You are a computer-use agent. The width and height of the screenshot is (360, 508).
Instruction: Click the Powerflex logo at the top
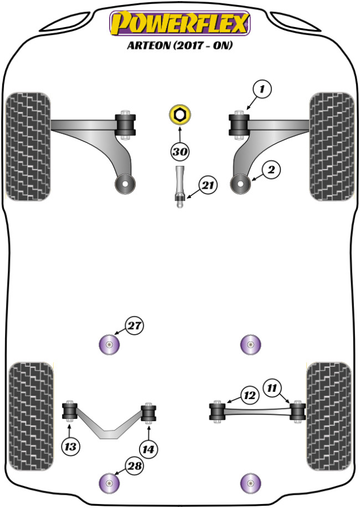click(180, 24)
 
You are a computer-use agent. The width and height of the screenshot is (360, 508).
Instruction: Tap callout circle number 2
click(271, 171)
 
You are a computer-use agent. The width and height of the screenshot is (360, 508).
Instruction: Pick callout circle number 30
click(179, 151)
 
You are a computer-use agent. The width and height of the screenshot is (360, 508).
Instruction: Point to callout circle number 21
click(207, 186)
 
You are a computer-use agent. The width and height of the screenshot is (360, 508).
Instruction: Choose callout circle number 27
click(133, 326)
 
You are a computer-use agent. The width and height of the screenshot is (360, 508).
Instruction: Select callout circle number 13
click(71, 446)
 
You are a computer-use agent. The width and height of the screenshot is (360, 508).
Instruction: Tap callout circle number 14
click(149, 449)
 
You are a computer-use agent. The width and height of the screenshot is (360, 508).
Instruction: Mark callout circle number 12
click(249, 395)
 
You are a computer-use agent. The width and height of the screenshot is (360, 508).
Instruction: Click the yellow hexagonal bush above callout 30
click(179, 115)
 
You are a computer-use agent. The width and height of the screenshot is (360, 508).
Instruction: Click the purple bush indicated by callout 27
click(109, 345)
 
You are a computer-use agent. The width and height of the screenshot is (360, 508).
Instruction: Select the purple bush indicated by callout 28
click(109, 483)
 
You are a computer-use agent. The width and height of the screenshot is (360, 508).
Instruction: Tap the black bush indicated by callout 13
click(70, 411)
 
